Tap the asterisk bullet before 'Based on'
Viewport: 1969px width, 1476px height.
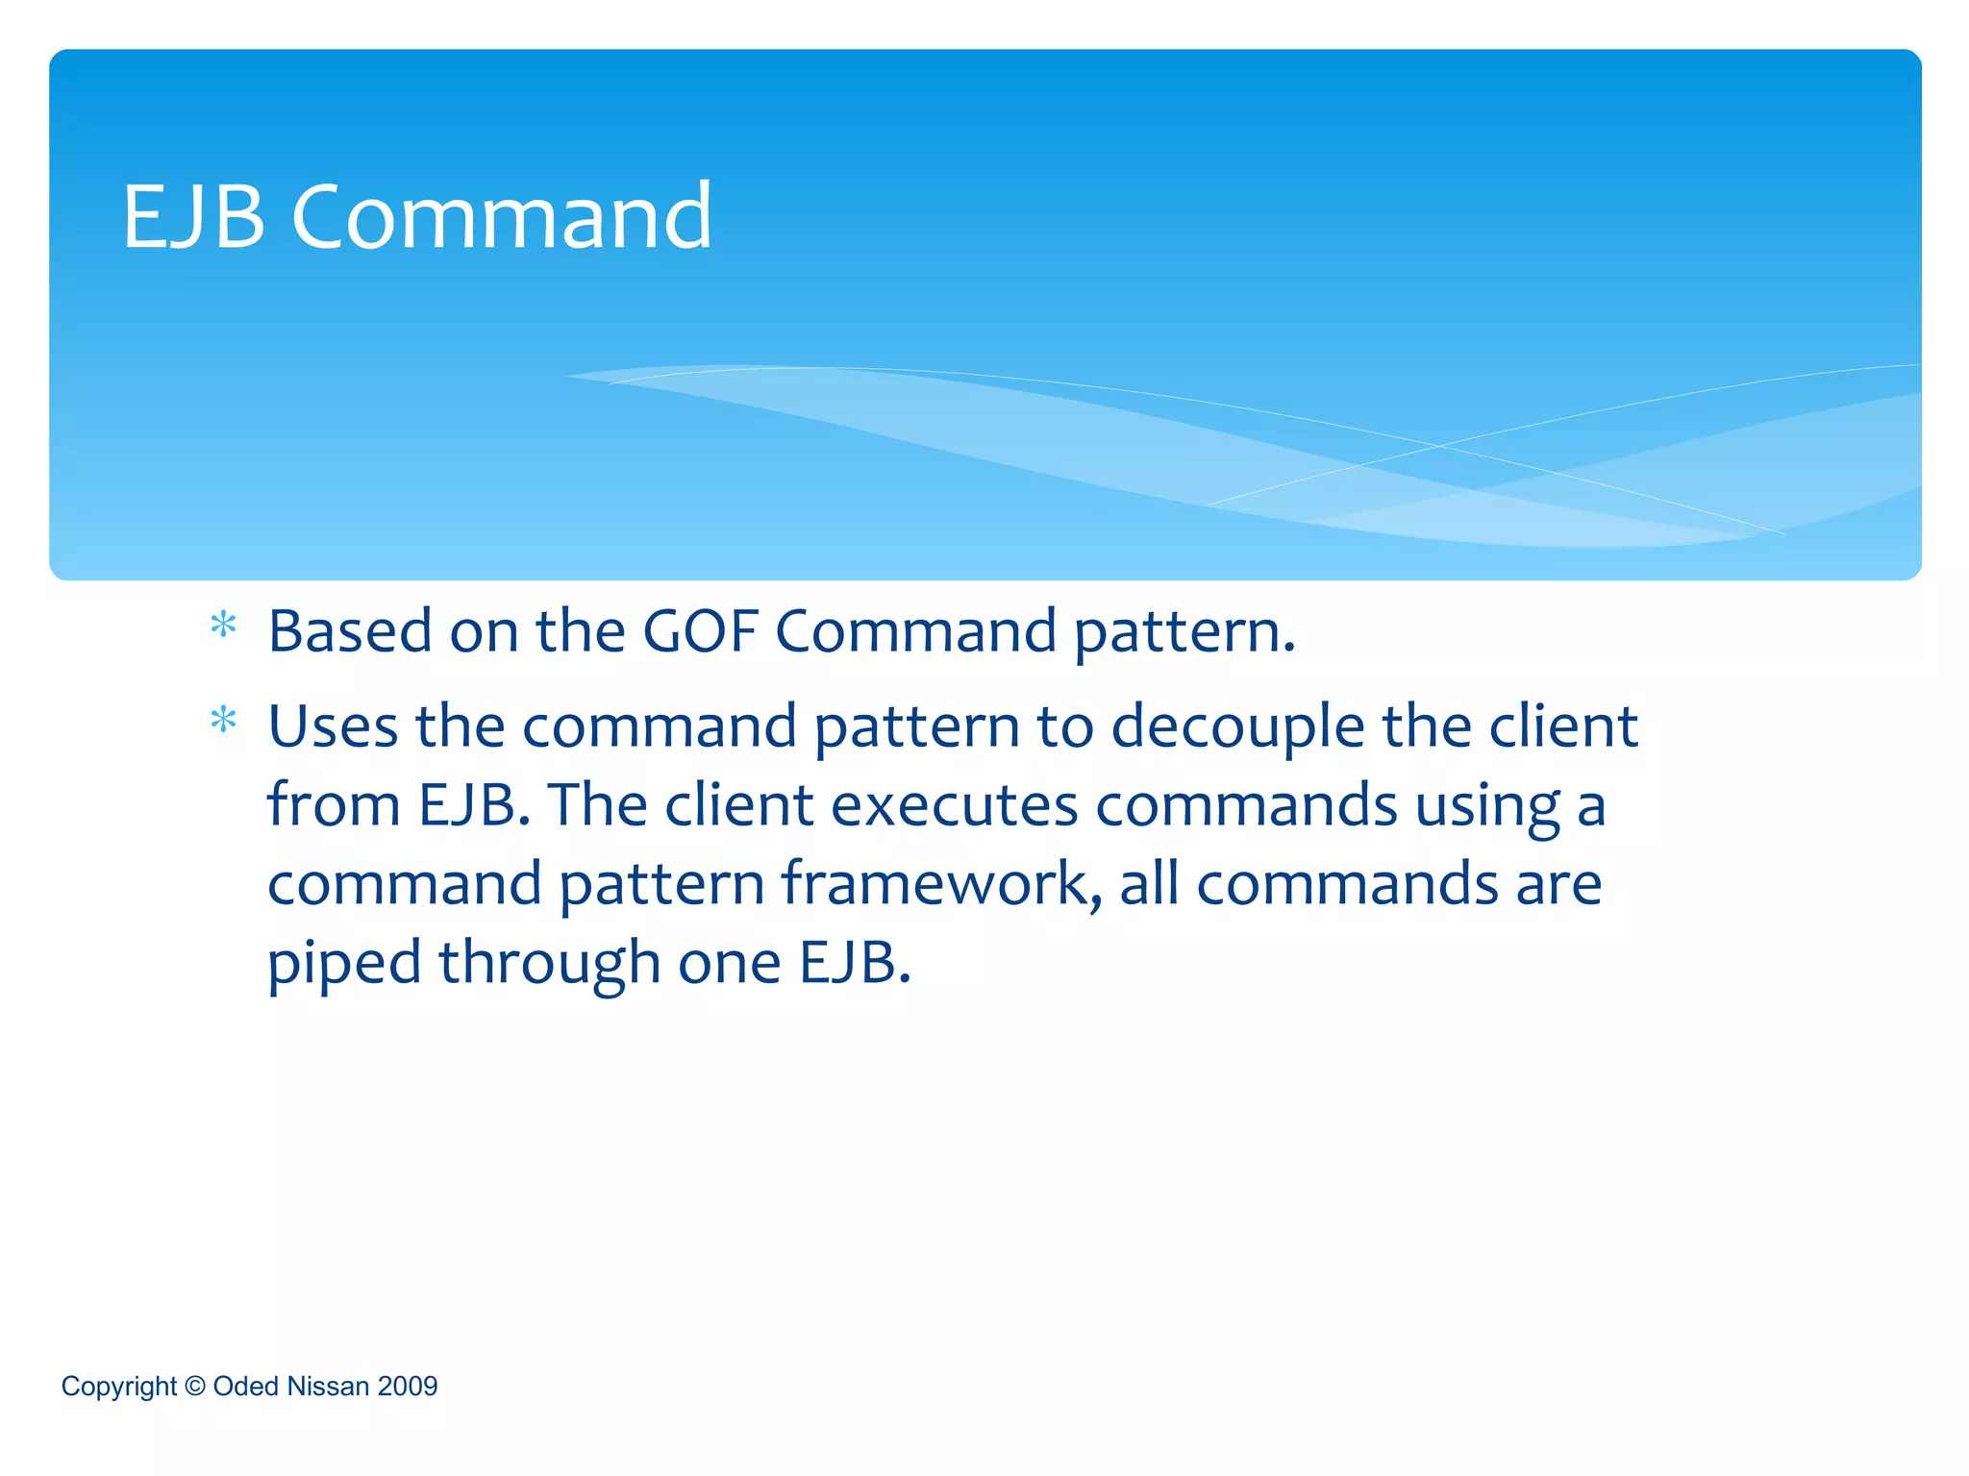click(x=223, y=627)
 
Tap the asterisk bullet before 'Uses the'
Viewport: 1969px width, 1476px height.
click(x=223, y=721)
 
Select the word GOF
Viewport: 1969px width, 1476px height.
click(x=700, y=632)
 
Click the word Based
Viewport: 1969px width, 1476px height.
click(x=350, y=632)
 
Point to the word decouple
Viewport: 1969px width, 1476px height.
click(x=1237, y=728)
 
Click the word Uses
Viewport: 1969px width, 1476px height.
click(x=332, y=726)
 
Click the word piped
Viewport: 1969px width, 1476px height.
click(x=344, y=965)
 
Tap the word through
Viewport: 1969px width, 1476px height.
click(x=549, y=965)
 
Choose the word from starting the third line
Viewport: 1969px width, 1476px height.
click(x=333, y=805)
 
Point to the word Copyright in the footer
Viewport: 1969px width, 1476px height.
click(x=119, y=1388)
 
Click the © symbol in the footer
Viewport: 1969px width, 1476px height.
click(x=195, y=1387)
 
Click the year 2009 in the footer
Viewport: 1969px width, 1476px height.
click(x=408, y=1387)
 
